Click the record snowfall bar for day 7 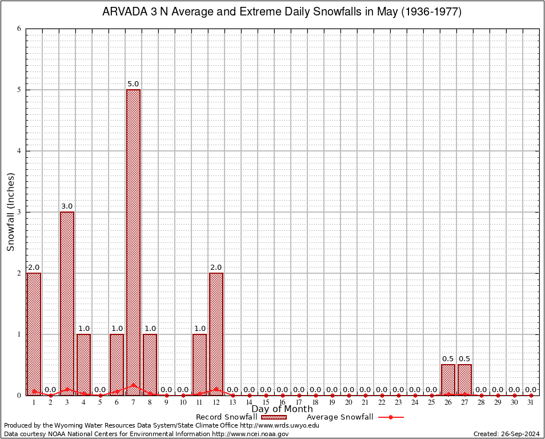coord(133,240)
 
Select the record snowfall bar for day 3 coord(67,303)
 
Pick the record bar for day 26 coord(448,380)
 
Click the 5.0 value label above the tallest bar coord(133,84)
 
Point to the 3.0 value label coord(67,206)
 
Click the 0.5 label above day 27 coord(464,359)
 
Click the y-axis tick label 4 coord(19,151)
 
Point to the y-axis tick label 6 coord(19,29)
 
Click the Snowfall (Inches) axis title coord(10,211)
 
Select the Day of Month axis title coord(282,409)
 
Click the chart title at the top coord(282,11)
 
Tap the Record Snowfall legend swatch coord(274,417)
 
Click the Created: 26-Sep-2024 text coord(507,434)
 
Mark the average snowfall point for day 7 coord(133,385)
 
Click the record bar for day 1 coord(34,334)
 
